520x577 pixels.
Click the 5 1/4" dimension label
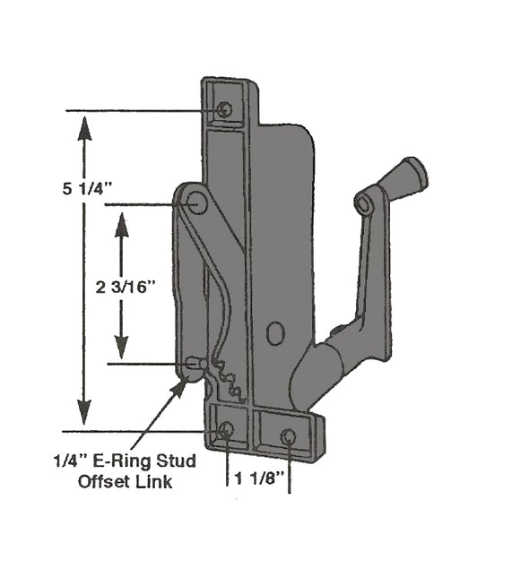click(89, 189)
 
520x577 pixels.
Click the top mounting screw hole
click(224, 109)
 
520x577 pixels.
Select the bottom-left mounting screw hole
click(225, 430)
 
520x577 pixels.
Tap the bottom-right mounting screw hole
click(288, 436)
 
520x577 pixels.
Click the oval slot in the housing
click(275, 334)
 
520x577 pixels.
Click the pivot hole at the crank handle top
click(365, 204)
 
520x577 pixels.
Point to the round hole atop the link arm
click(197, 204)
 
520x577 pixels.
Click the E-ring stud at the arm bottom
click(195, 364)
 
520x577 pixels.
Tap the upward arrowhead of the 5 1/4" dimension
click(83, 130)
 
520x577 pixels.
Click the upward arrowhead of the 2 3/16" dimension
click(122, 223)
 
